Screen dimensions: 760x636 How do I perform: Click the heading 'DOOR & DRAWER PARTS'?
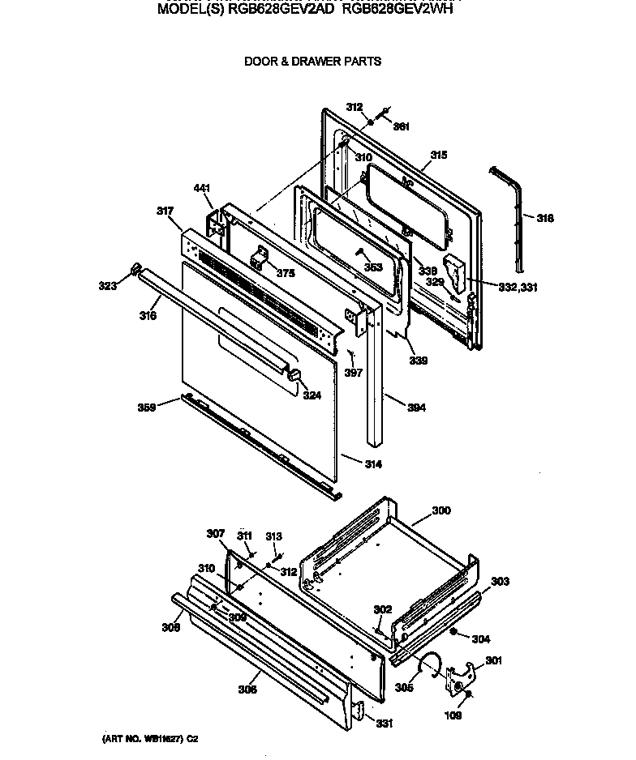pyautogui.click(x=312, y=61)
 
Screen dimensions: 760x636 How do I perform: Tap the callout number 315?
pyautogui.click(x=439, y=155)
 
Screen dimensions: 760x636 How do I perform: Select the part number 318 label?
pyautogui.click(x=545, y=218)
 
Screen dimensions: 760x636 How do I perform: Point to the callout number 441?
pyautogui.click(x=202, y=189)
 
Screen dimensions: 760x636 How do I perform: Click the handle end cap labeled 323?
pyautogui.click(x=136, y=269)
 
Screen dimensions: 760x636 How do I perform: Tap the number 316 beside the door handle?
pyautogui.click(x=147, y=316)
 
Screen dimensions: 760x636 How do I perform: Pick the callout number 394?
pyautogui.click(x=416, y=408)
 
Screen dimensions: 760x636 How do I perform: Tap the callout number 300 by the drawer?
pyautogui.click(x=441, y=510)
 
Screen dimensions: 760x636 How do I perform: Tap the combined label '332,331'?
pyautogui.click(x=518, y=287)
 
